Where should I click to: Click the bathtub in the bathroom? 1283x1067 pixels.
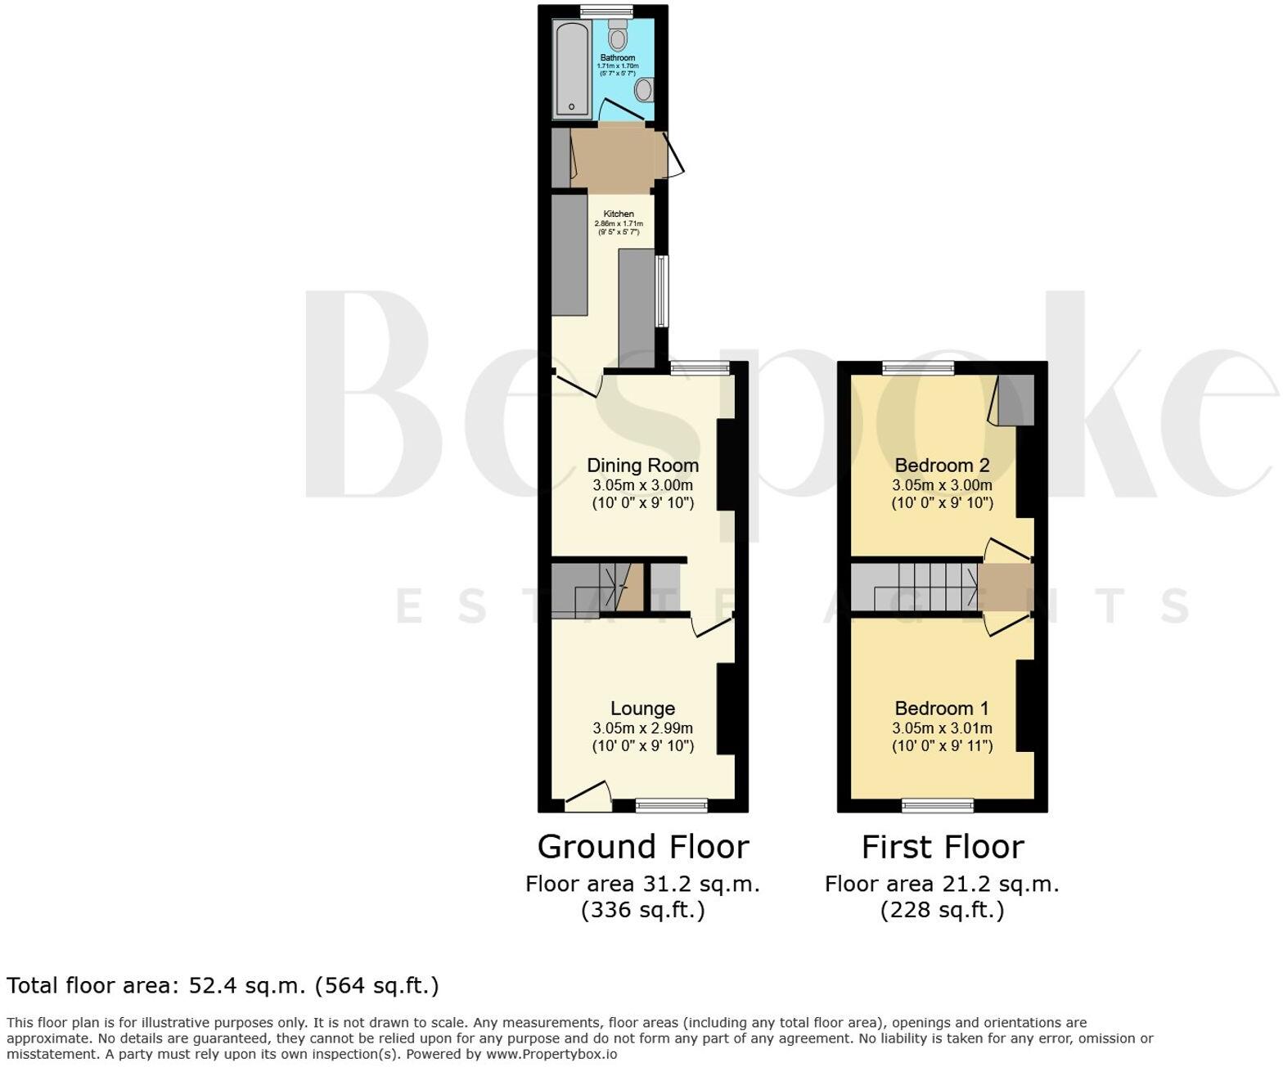click(571, 70)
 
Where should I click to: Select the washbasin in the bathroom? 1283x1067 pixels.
click(645, 89)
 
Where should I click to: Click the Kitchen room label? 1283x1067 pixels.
click(619, 214)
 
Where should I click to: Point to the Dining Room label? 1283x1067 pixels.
click(642, 466)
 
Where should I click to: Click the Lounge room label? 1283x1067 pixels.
click(642, 709)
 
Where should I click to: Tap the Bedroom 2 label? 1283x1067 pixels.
click(942, 466)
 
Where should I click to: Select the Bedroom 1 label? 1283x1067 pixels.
click(942, 709)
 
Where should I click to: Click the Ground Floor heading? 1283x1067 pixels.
click(642, 847)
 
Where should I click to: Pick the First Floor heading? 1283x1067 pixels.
click(942, 847)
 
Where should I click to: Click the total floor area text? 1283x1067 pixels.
click(223, 985)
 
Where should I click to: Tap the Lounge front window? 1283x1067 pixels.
click(672, 806)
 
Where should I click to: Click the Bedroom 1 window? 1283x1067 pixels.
click(938, 806)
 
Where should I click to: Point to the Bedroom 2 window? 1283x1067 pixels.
click(918, 367)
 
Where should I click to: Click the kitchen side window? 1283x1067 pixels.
click(661, 291)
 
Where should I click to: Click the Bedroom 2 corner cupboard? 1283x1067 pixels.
click(1015, 399)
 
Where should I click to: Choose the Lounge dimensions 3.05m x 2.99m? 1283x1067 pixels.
click(642, 728)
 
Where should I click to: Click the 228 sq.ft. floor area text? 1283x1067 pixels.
click(942, 910)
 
